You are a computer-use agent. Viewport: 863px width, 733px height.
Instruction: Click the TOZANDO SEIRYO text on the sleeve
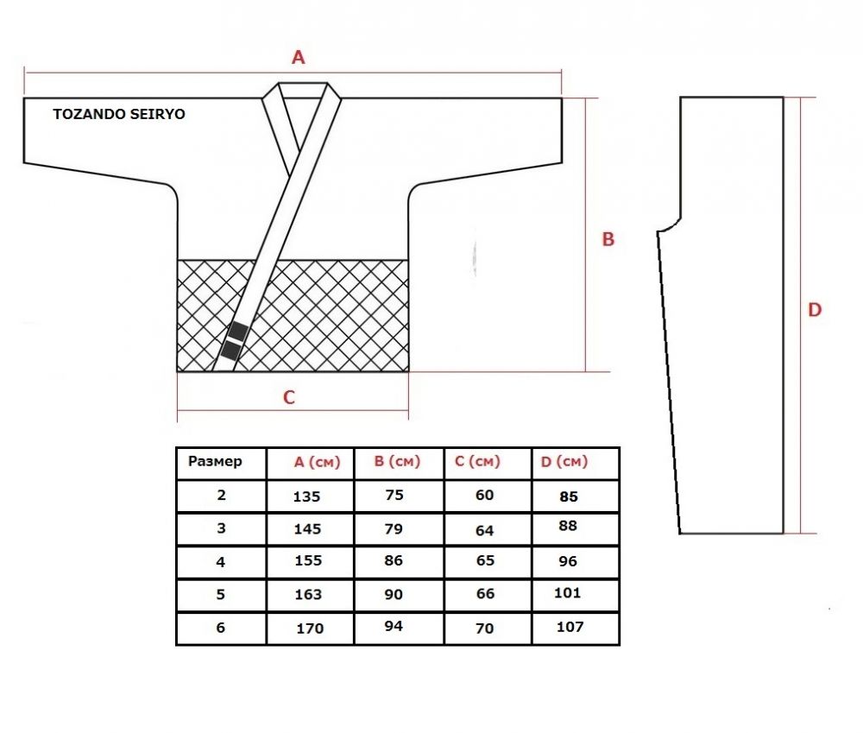coord(119,114)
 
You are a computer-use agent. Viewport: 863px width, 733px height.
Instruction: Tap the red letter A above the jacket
coord(298,57)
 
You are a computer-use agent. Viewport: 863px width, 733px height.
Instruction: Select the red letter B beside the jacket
coord(608,239)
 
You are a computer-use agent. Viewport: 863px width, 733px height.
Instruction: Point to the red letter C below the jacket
coord(289,397)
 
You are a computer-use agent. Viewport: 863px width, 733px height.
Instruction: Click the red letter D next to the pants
coord(815,309)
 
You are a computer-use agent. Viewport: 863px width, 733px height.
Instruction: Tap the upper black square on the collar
coord(238,332)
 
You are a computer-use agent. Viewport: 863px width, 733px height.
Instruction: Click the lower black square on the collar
coord(230,351)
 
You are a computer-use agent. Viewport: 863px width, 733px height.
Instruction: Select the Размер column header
coord(215,462)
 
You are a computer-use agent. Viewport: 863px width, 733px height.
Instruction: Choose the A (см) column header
coord(317,462)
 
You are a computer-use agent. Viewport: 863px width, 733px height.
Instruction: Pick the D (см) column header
coord(564,462)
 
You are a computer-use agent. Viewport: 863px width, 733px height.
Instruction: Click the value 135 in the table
coord(306,496)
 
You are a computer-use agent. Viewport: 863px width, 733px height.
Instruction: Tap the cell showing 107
coord(570,627)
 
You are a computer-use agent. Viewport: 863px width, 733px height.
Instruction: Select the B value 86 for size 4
coord(394,560)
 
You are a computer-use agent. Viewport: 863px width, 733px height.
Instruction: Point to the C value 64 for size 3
coord(484,531)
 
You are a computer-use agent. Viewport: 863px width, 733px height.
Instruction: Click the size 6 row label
coord(221,628)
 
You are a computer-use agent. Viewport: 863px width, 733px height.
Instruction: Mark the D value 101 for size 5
coord(568,593)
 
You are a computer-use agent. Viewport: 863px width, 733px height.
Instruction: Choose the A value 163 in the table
coord(308,595)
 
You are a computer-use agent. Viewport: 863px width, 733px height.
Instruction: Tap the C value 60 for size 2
coord(484,495)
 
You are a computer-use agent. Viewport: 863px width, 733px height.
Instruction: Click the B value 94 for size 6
coord(394,626)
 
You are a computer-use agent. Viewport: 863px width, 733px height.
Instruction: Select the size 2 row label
coord(221,495)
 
